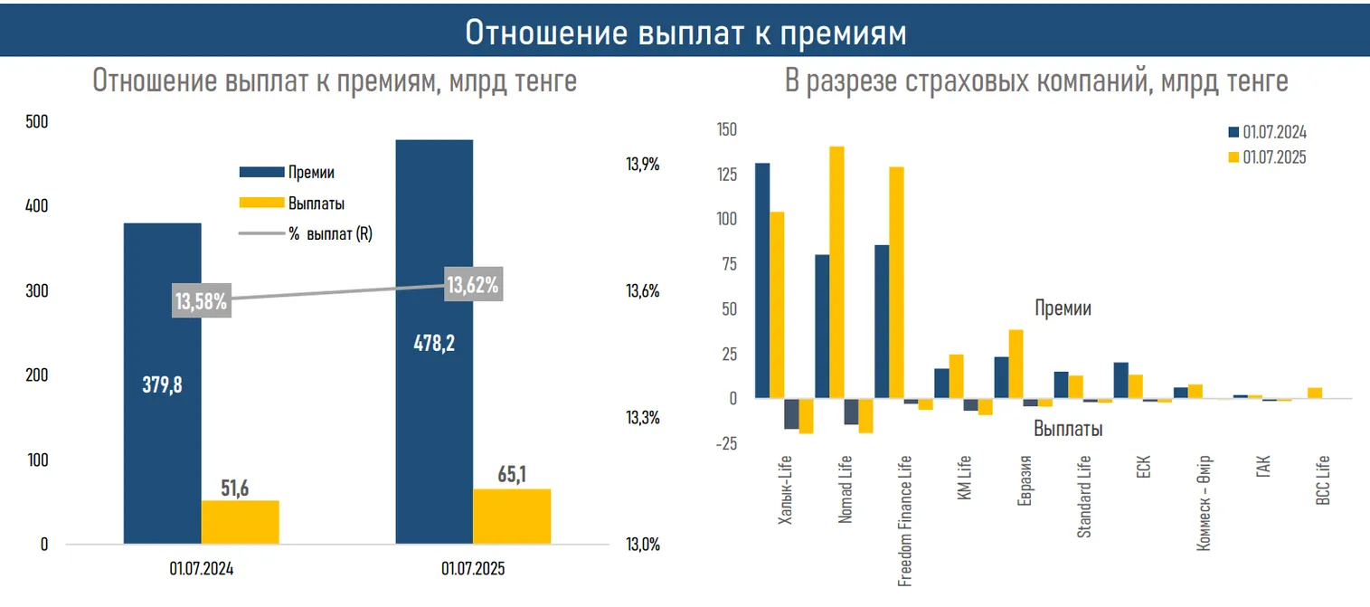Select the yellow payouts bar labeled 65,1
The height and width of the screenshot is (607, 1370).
pos(511,517)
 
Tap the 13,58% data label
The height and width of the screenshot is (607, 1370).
pos(201,301)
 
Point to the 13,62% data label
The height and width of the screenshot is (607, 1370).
pos(473,286)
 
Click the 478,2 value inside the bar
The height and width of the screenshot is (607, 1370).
pos(434,344)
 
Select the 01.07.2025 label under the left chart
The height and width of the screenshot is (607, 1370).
pos(473,570)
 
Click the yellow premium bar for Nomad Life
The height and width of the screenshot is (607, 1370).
pos(836,271)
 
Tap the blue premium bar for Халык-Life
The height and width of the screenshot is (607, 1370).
pos(762,280)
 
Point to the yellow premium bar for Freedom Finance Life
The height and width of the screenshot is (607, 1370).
pos(896,282)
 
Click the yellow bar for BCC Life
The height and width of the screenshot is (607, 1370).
pos(1315,393)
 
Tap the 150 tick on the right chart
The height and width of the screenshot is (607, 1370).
pos(726,129)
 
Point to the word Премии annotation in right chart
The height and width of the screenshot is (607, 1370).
pos(1063,308)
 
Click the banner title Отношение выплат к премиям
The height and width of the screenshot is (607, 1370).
pos(685,32)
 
